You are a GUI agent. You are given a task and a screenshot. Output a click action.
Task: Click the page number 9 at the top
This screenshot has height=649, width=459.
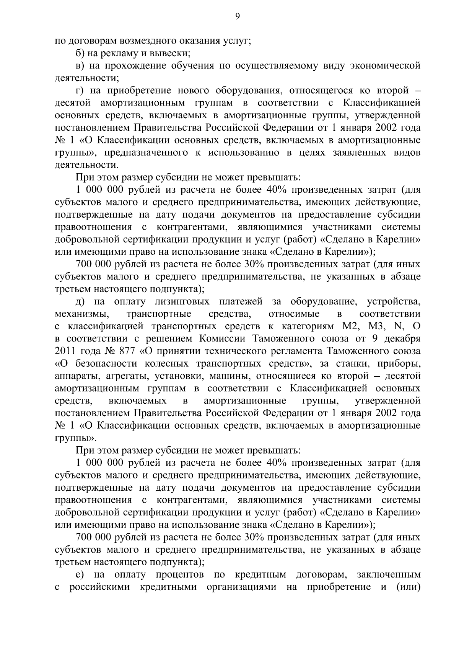[x=238, y=16]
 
